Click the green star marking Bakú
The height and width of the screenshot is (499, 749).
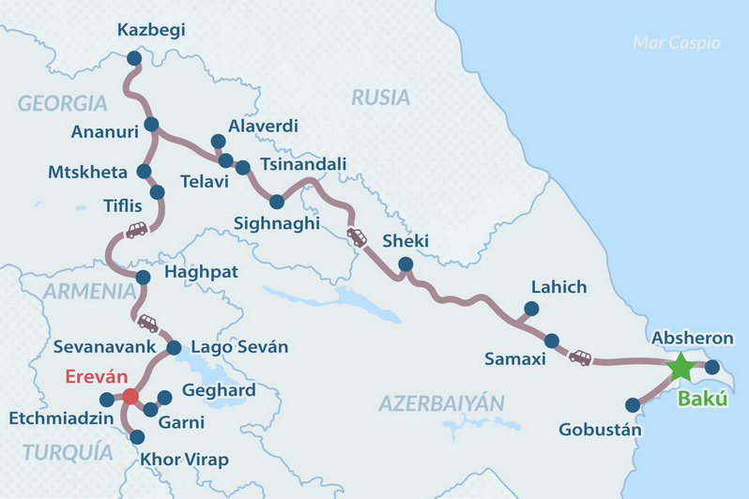click(680, 368)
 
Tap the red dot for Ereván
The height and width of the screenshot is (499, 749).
click(130, 397)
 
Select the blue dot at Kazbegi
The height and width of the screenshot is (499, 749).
click(133, 58)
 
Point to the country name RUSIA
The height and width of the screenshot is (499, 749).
click(380, 98)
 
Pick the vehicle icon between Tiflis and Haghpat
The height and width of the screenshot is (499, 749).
click(136, 230)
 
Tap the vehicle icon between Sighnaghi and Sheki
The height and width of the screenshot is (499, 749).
click(357, 237)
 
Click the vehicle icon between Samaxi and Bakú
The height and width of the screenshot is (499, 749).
click(580, 357)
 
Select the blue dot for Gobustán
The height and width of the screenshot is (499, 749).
click(633, 405)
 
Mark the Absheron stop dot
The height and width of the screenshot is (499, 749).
click(711, 367)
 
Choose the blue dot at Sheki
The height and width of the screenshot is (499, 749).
click(405, 265)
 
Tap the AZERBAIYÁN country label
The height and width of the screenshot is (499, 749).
click(441, 403)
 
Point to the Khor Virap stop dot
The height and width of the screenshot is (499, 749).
click(138, 436)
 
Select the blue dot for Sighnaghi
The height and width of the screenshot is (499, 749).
click(276, 202)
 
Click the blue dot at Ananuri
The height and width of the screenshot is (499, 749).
click(151, 124)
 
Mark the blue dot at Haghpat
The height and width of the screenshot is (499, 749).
click(143, 278)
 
